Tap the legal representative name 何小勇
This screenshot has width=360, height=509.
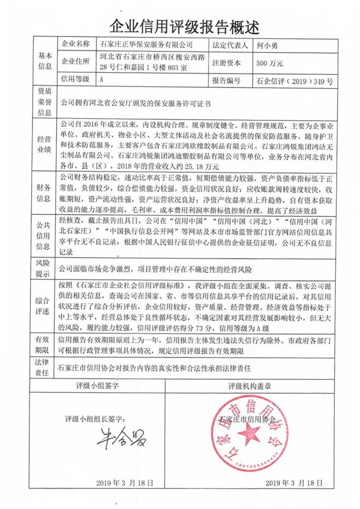(x=266, y=45)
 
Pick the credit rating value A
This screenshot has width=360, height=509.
(x=102, y=80)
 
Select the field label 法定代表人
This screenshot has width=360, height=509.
(x=229, y=45)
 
